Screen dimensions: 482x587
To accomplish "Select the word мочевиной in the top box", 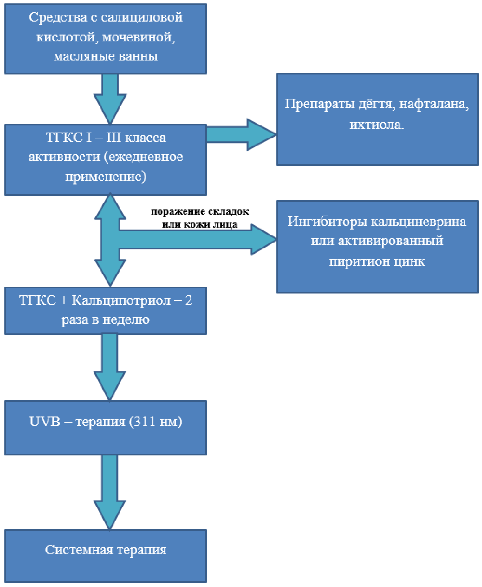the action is pos(138,37).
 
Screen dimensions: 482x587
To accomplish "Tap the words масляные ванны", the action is pos(106,56).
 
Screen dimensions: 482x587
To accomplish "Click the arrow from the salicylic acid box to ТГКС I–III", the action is pos(110,99).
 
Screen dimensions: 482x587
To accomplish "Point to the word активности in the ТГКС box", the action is pos(64,157).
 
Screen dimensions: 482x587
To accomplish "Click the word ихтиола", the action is pos(376,125).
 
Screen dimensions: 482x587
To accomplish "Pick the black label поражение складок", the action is pos(200,212).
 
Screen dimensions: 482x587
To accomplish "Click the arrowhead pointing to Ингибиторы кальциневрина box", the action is pos(264,240).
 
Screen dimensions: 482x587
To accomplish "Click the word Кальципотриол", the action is pos(121,301).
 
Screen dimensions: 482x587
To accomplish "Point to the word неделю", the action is pos(126,320).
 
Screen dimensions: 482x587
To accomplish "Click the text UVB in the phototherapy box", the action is pos(45,422).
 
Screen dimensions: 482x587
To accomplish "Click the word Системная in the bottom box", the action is pos(79,550).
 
